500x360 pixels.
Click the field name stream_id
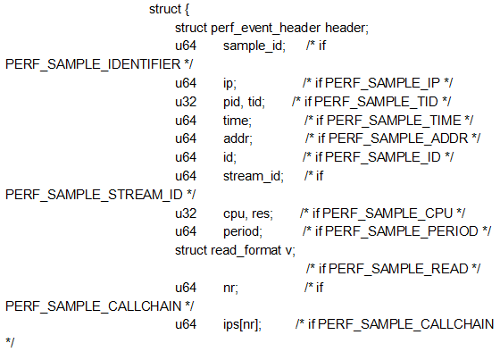pos(253,175)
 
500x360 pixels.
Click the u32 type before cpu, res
pos(185,213)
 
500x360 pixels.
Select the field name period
pos(242,230)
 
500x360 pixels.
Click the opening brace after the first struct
pos(186,10)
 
